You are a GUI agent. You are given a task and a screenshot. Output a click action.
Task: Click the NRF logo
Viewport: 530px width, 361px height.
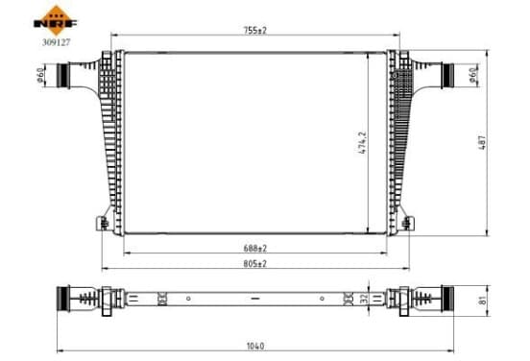(x=56, y=20)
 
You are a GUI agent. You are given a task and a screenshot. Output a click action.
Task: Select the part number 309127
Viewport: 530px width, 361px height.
(x=56, y=42)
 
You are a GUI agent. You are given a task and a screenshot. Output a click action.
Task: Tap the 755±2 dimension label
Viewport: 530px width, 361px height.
(x=255, y=31)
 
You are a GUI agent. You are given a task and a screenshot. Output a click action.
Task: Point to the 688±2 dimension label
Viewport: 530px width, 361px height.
(x=255, y=249)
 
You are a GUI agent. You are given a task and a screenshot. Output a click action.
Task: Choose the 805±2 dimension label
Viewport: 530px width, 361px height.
(x=255, y=264)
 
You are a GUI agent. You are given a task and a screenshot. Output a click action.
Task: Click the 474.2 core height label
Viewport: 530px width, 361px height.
(x=362, y=143)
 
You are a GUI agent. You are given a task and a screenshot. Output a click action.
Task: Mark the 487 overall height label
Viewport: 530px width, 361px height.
(x=483, y=143)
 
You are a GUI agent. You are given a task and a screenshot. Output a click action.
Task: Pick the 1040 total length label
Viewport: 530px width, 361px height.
(x=255, y=347)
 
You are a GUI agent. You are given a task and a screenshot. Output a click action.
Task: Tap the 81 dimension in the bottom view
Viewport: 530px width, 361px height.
(x=483, y=301)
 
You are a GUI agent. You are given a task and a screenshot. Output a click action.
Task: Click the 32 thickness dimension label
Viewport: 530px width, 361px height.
(x=364, y=299)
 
